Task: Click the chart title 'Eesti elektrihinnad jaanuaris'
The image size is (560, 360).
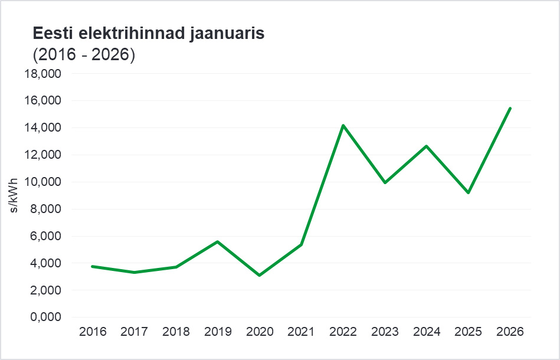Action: (x=149, y=34)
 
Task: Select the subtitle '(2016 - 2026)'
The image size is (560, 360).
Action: (x=84, y=55)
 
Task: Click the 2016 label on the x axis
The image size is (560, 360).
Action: (x=93, y=332)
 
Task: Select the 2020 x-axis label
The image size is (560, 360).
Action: (x=260, y=332)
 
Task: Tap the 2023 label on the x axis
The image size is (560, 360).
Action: (x=385, y=332)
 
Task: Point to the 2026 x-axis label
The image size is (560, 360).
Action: (x=510, y=332)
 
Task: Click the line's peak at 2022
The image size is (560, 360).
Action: (x=343, y=126)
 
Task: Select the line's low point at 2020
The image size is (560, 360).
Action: (x=260, y=275)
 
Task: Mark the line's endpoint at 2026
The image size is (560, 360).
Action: (x=510, y=108)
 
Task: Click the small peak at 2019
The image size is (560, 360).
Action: (x=218, y=241)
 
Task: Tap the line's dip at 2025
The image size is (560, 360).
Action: (x=469, y=192)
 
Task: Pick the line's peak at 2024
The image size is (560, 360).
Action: (x=427, y=146)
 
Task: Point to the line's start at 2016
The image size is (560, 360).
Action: (x=93, y=266)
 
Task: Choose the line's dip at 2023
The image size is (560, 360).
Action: (x=385, y=182)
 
